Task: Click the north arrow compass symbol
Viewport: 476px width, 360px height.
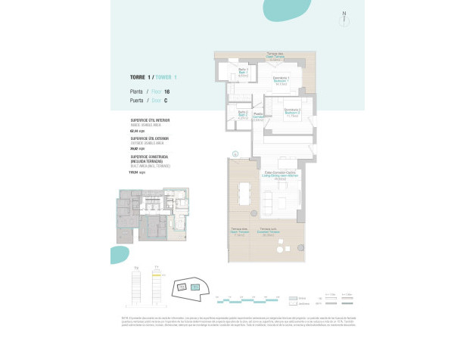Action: coord(344,14)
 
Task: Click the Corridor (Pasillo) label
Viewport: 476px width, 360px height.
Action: coord(257,116)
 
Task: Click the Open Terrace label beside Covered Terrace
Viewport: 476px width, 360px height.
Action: coord(239,233)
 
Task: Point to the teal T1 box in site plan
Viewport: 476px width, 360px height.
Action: coord(195,287)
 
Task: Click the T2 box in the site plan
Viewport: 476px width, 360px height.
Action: coord(182,288)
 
